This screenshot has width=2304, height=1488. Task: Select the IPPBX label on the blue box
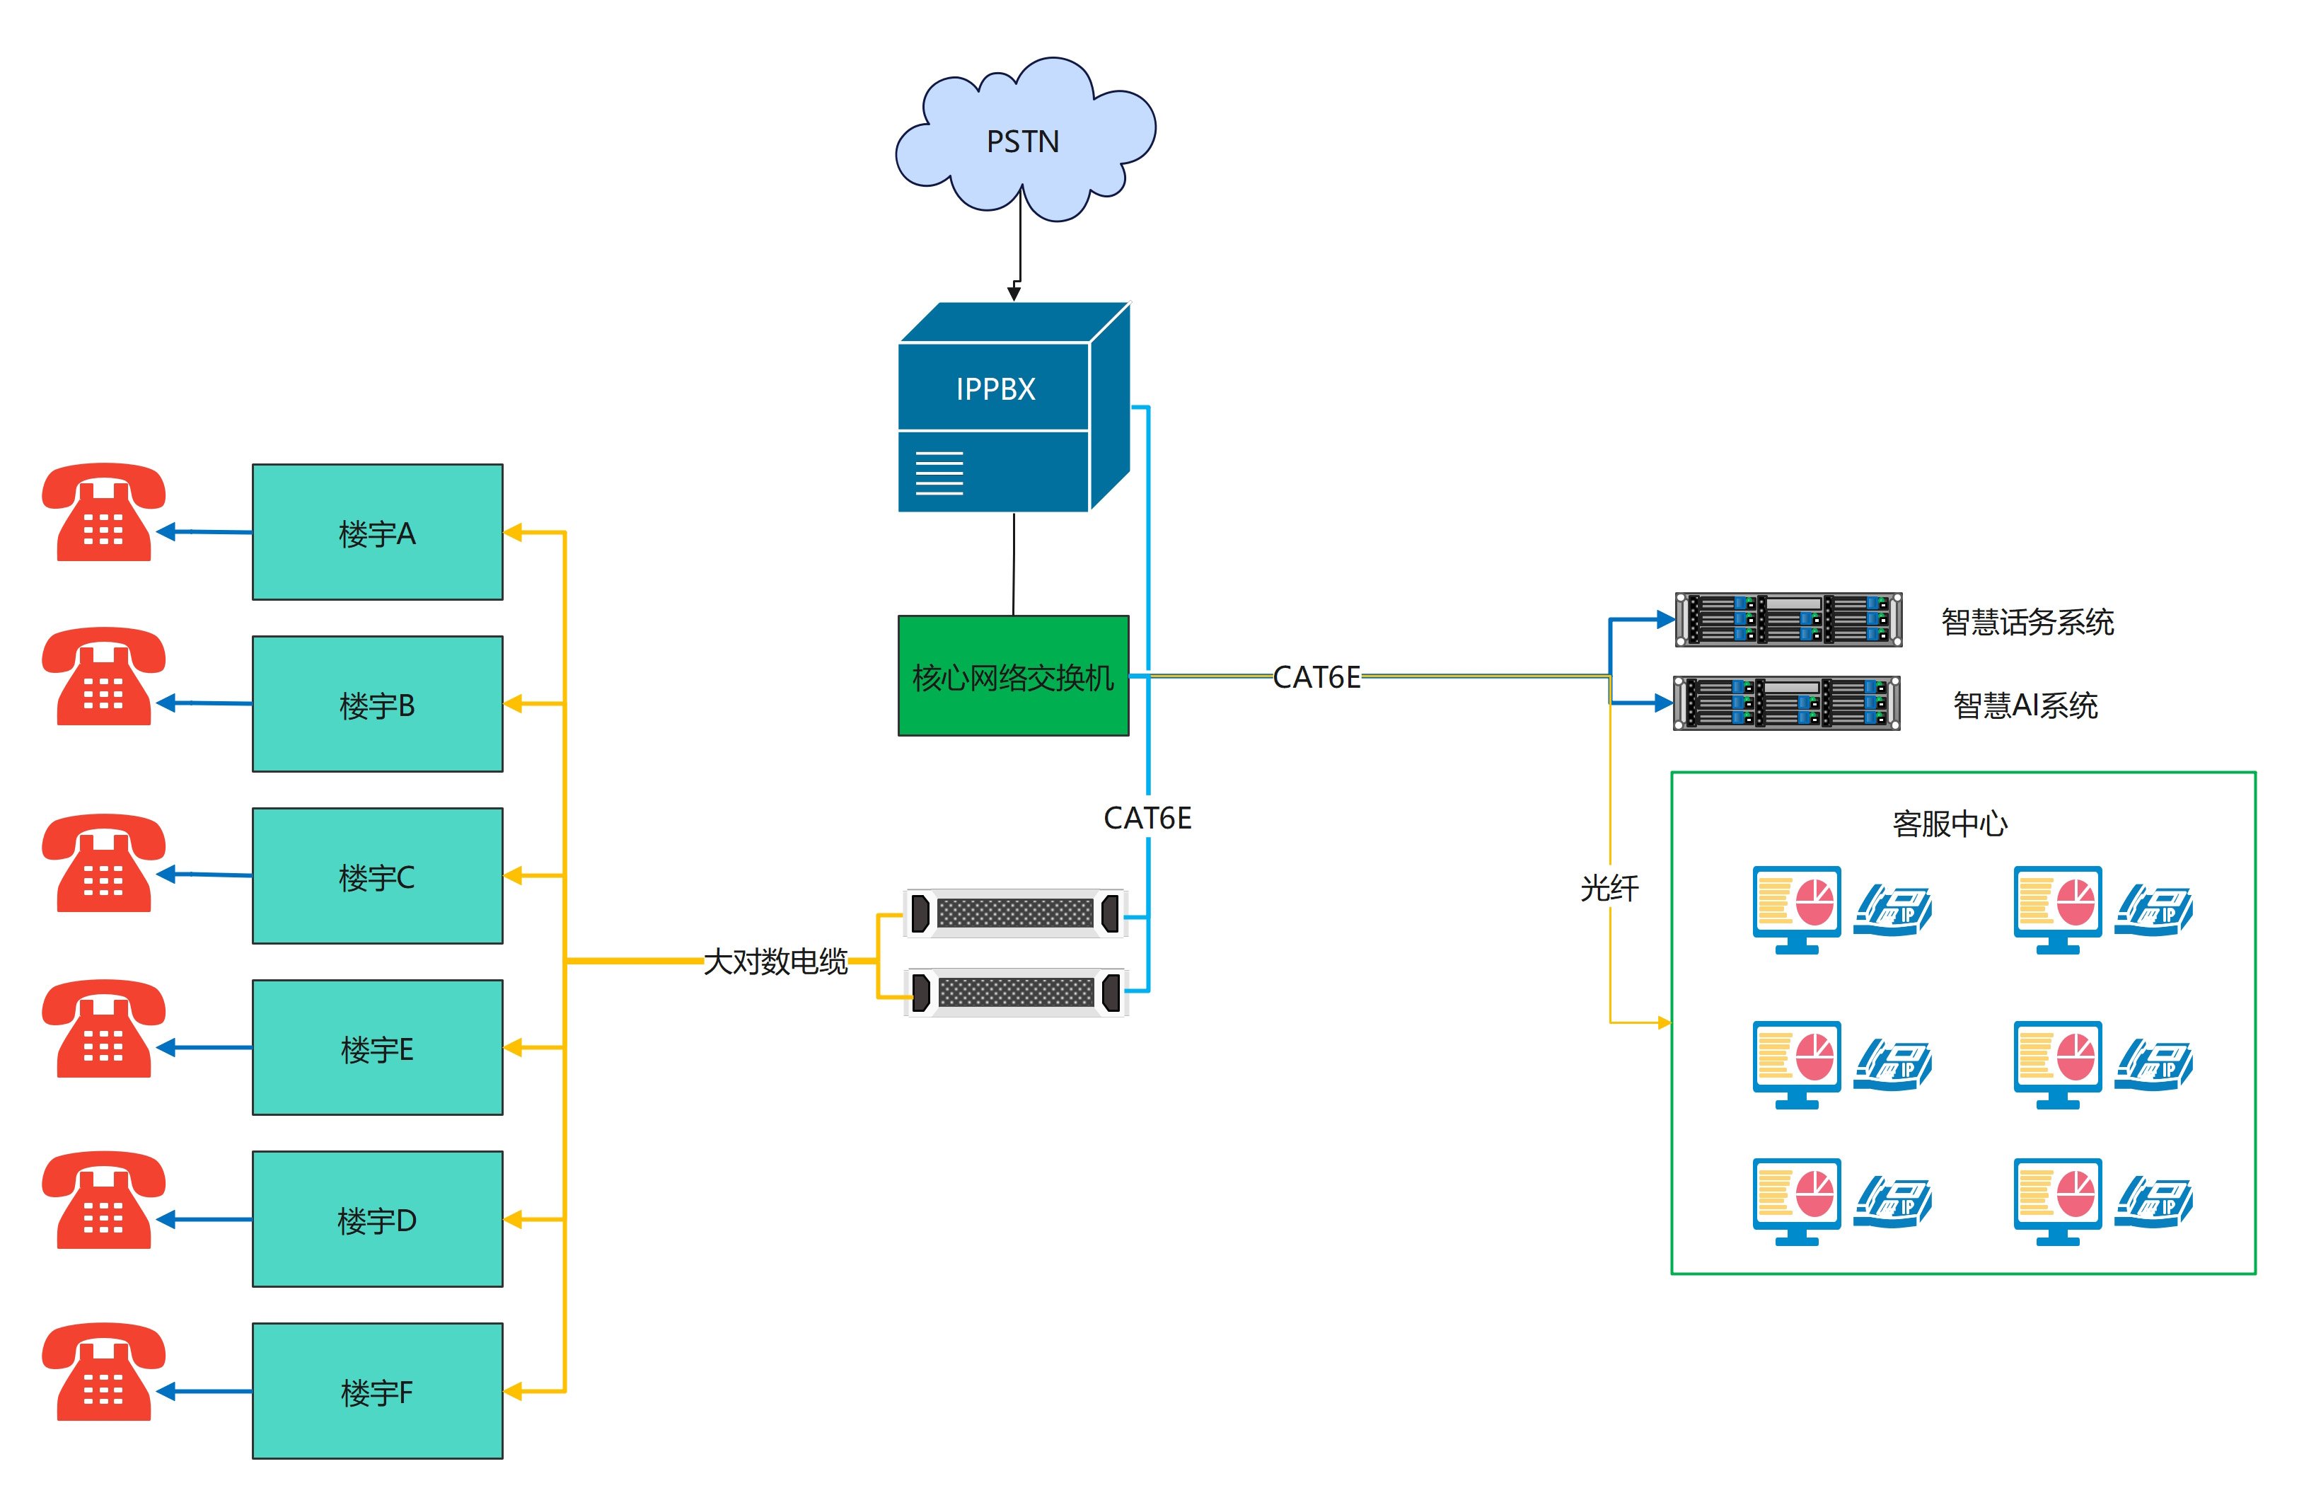click(x=995, y=389)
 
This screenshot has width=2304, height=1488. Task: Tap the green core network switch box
click(x=1012, y=676)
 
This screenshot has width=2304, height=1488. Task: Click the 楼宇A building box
click(x=377, y=532)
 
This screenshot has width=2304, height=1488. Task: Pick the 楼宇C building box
click(x=377, y=877)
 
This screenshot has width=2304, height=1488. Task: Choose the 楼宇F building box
click(x=377, y=1391)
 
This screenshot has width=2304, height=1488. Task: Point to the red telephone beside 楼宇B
click(x=103, y=676)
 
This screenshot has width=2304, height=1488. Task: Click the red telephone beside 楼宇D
click(x=103, y=1199)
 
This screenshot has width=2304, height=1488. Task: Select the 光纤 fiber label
click(x=1609, y=888)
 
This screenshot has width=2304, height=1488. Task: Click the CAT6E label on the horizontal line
click(x=1316, y=677)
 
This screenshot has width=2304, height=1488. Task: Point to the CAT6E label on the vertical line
click(x=1147, y=819)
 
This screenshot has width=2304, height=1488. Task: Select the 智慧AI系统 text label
click(x=2025, y=705)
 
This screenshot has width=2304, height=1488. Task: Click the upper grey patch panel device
click(x=1015, y=913)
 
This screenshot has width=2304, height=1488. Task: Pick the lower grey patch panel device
click(x=1015, y=992)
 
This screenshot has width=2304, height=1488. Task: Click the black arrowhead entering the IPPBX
click(x=1014, y=292)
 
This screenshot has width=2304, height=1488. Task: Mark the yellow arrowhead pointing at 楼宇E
click(x=513, y=1047)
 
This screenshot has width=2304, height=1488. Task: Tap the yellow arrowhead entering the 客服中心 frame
click(x=1664, y=1022)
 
